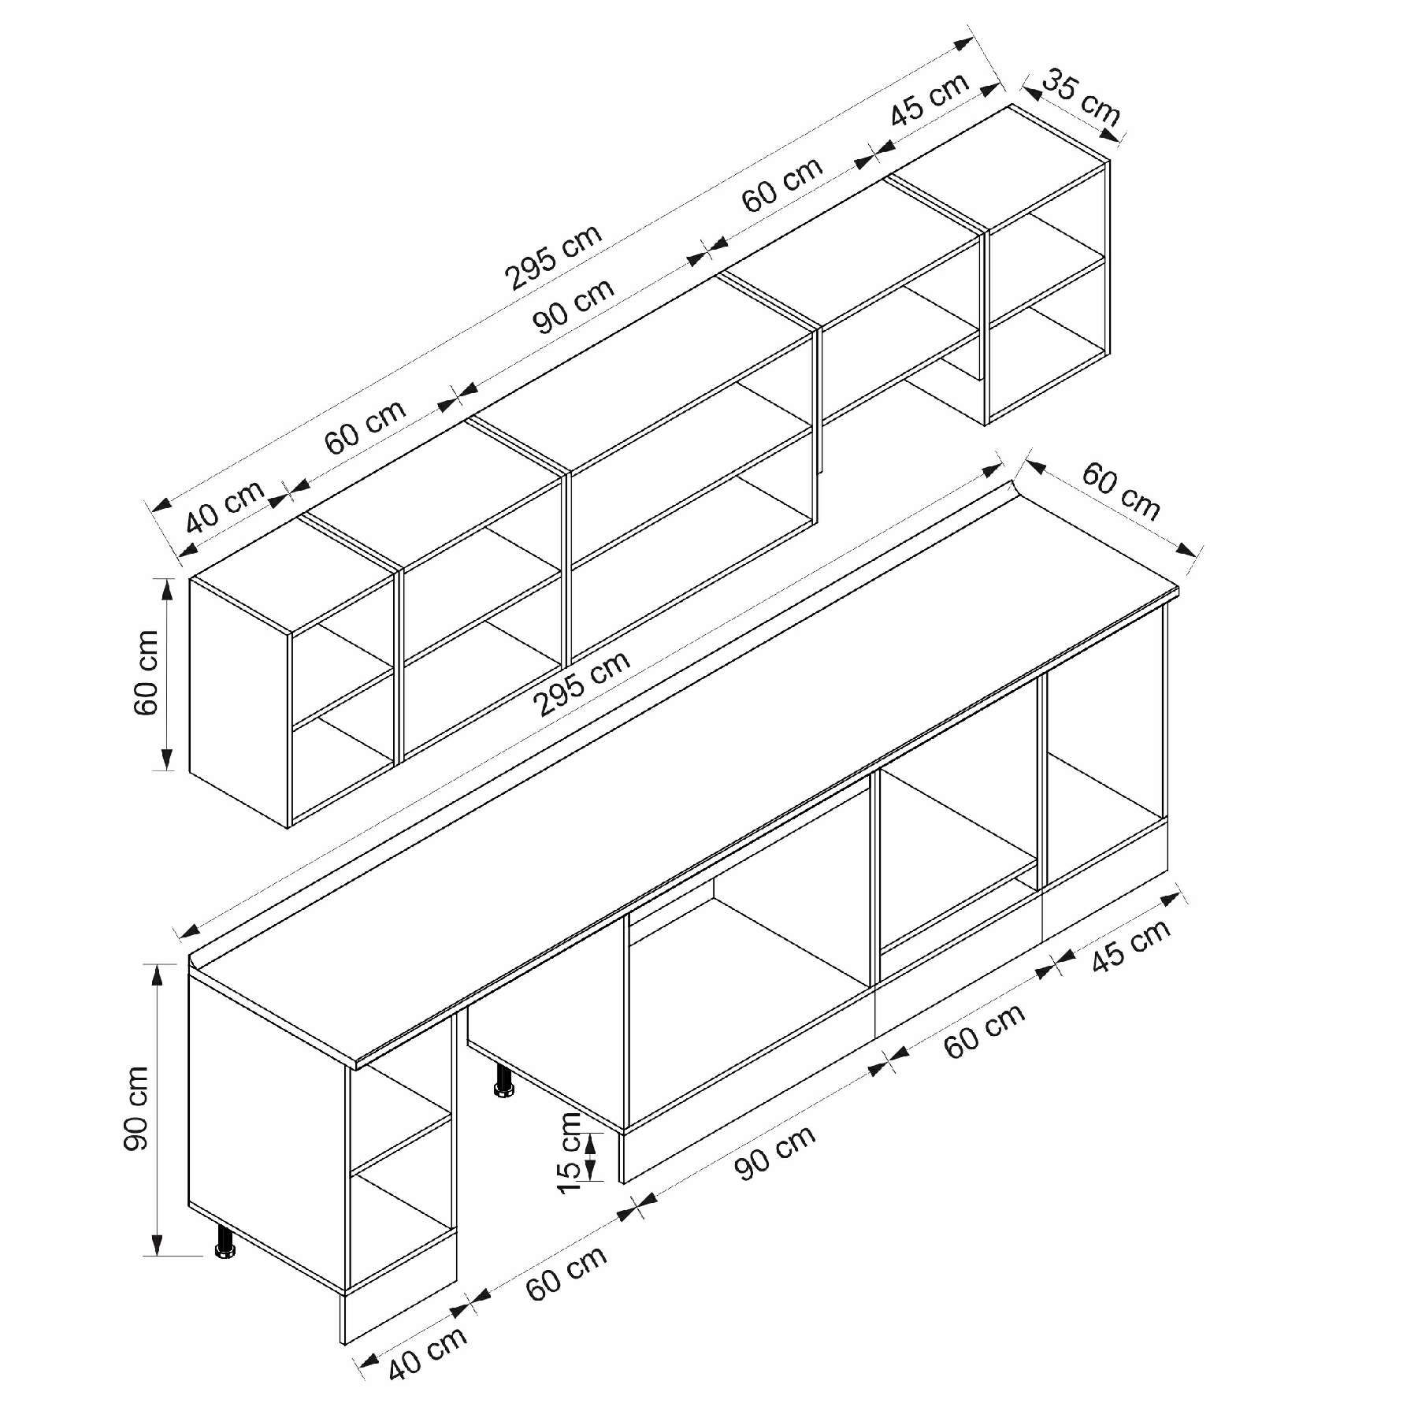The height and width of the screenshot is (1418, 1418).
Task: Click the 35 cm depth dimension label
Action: click(1082, 98)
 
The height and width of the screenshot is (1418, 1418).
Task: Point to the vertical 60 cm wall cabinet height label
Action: click(147, 672)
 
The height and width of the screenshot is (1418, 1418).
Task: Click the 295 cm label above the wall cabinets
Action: click(554, 256)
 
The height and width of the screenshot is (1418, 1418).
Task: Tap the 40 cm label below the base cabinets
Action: click(428, 1353)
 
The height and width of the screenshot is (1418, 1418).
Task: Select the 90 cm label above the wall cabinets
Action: click(574, 306)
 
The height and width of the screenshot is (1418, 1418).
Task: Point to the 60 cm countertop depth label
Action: click(1121, 492)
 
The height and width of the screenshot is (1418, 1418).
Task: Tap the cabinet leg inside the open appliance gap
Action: click(502, 1081)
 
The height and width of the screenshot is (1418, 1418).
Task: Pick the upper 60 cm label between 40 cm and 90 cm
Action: click(366, 426)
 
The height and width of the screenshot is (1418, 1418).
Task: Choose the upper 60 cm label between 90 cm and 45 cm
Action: click(782, 184)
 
